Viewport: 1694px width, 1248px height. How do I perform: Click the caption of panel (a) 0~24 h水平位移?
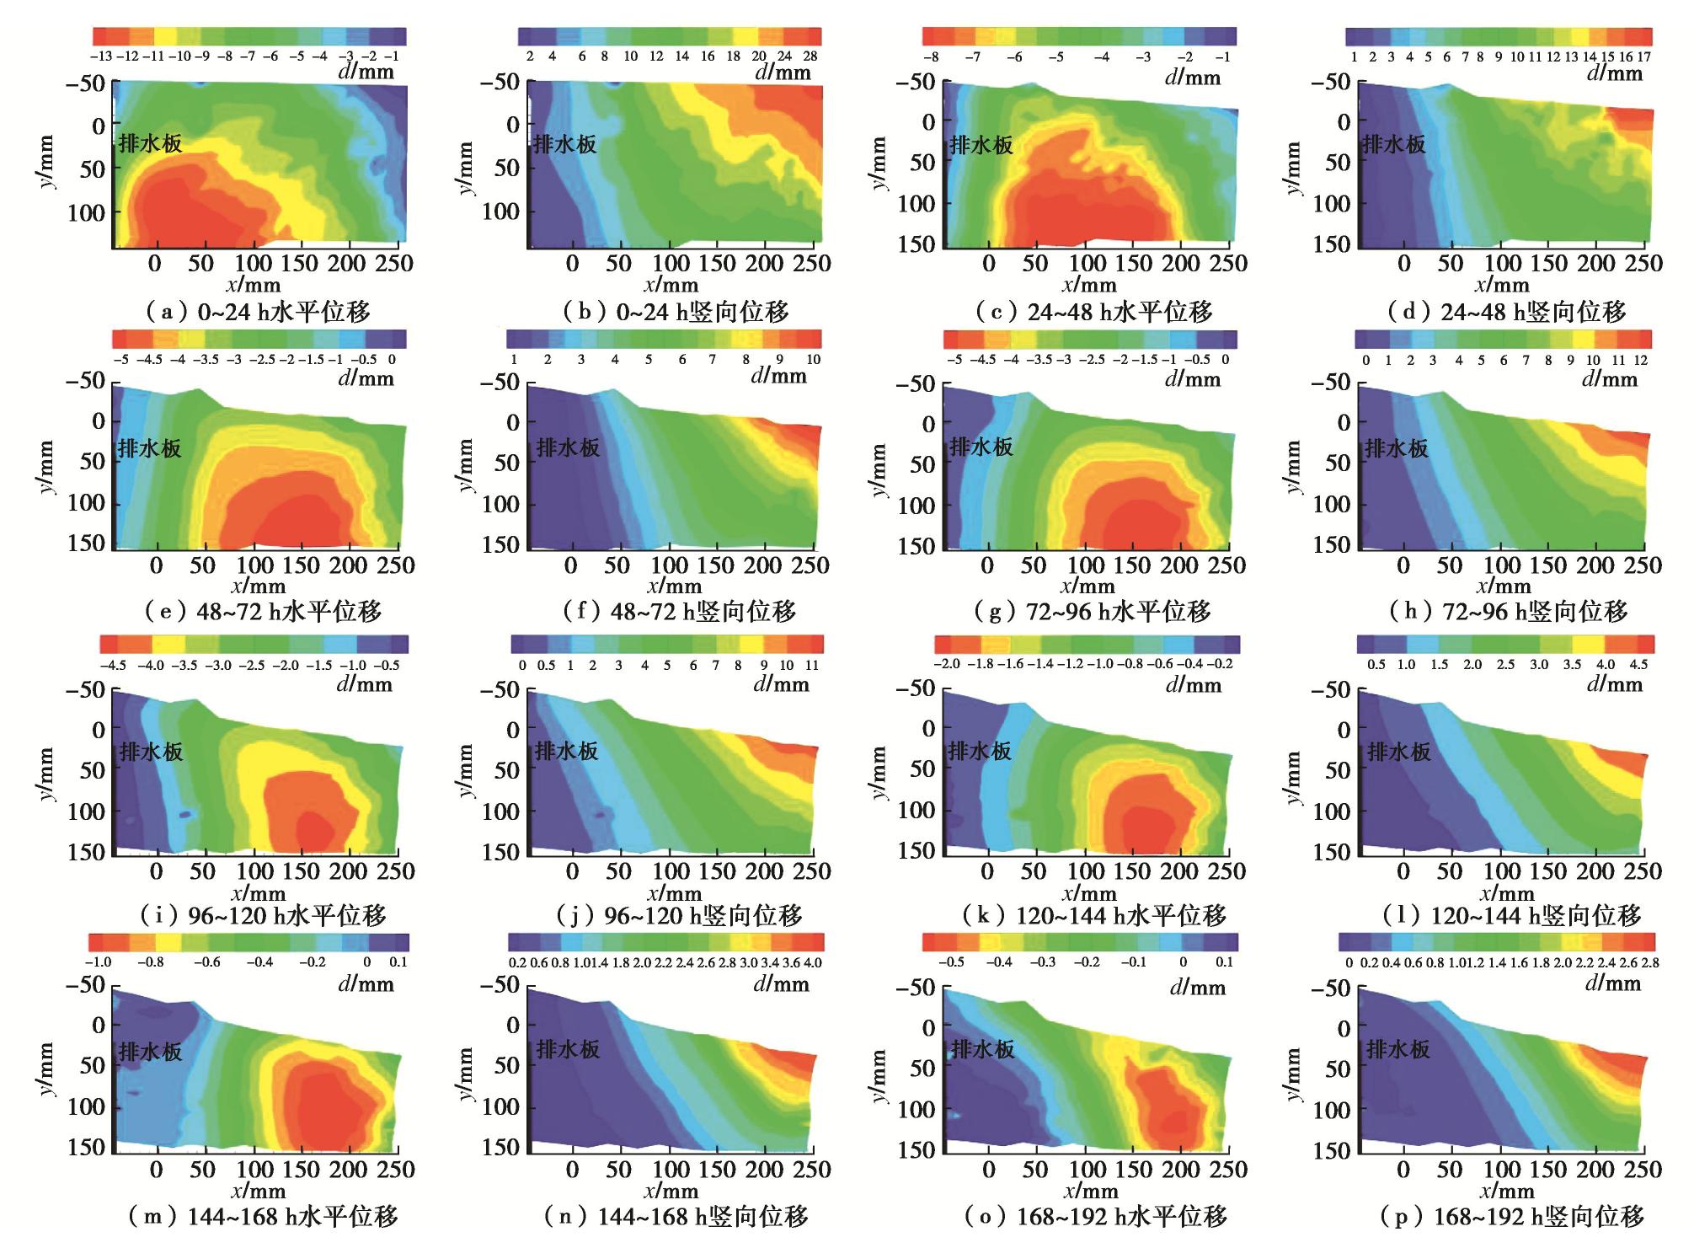click(x=259, y=313)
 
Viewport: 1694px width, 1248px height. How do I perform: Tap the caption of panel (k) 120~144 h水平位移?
click(x=1094, y=915)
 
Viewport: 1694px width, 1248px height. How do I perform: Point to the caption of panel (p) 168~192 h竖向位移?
click(x=1511, y=1216)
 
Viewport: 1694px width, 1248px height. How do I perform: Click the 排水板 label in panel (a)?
click(x=150, y=143)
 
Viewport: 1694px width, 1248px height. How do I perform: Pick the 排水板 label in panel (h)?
click(x=1397, y=447)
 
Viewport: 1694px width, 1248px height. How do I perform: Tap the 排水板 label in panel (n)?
click(x=568, y=1049)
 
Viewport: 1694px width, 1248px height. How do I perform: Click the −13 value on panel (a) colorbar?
click(x=100, y=56)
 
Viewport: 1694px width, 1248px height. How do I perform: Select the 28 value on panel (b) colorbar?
click(x=810, y=56)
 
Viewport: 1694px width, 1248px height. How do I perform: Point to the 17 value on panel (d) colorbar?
click(x=1643, y=57)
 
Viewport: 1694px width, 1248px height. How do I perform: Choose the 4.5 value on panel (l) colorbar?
click(x=1638, y=664)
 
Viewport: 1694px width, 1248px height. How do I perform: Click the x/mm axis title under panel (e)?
click(x=259, y=586)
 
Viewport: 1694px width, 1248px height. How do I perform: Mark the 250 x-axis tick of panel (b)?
click(x=811, y=263)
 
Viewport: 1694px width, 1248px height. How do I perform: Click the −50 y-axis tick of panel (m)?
click(x=87, y=985)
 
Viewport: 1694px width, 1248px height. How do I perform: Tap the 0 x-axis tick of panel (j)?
click(x=572, y=871)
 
